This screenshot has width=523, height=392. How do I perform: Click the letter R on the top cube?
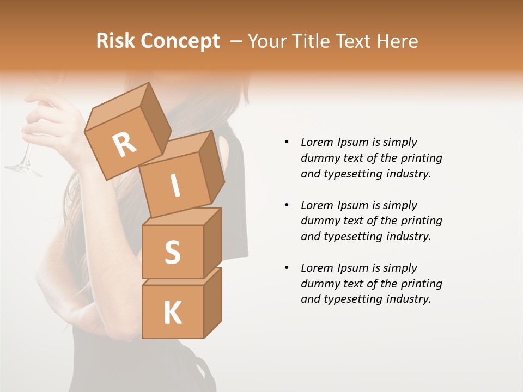pos(125,144)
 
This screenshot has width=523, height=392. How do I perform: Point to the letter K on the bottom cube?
pos(173,313)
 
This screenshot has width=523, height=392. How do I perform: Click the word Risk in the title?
pos(115,41)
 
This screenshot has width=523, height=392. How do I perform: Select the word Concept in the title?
pos(180,42)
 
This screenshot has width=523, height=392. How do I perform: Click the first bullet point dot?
pos(287,142)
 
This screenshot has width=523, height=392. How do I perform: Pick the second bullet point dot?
pos(287,205)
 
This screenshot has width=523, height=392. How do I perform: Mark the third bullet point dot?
pos(287,268)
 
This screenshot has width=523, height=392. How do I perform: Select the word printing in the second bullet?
pos(421,220)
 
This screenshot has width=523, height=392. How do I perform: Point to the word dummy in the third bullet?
pos(319,284)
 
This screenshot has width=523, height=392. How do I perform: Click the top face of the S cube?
pos(182,217)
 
